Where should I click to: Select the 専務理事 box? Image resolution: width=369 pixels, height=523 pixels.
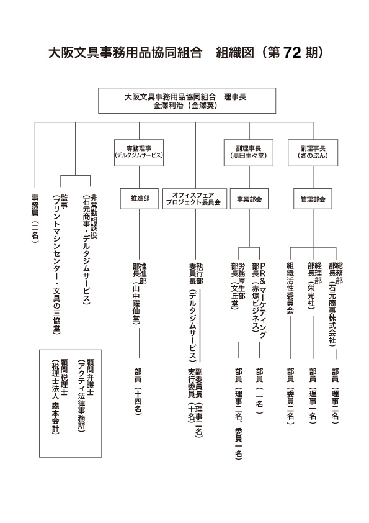point(139,153)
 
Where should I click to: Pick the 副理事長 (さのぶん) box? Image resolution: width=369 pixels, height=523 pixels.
point(313,153)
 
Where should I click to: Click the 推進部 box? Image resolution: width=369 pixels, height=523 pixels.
point(139,199)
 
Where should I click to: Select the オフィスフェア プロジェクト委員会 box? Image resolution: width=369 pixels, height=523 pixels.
point(196,199)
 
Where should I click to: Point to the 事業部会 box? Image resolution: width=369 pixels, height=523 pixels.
point(250,199)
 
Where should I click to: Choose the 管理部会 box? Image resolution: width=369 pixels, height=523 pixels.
point(313,199)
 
